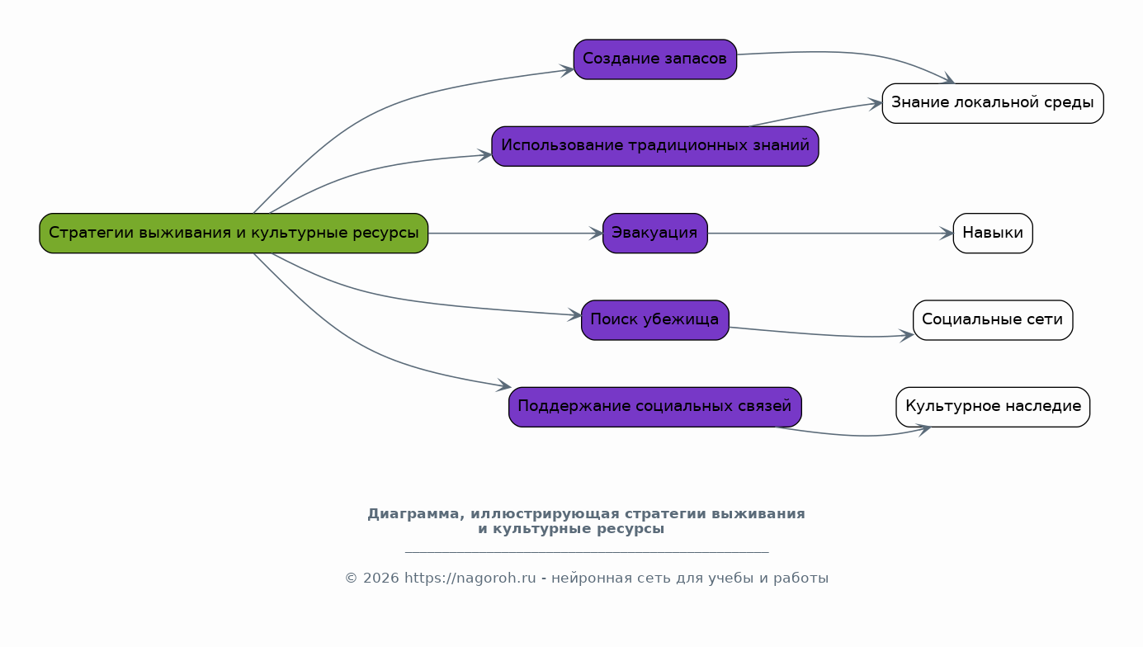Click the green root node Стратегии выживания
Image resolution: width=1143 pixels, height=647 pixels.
pos(234,233)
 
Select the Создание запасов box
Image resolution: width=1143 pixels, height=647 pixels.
pos(654,59)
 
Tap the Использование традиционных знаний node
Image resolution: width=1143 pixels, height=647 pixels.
pos(654,146)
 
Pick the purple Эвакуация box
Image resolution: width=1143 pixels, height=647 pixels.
pos(654,233)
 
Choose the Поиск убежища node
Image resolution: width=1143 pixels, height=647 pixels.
pos(654,320)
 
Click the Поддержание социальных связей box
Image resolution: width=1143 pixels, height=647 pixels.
pos(654,407)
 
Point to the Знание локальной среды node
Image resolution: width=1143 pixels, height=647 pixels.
pos(992,103)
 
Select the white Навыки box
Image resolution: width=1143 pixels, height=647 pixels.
pos(992,233)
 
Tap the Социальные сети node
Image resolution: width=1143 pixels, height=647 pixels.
pos(992,320)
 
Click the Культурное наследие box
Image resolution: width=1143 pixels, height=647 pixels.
pos(992,407)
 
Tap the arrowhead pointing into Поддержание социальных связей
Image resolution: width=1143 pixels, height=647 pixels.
pos(504,385)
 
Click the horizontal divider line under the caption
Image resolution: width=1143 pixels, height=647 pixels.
pos(587,551)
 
